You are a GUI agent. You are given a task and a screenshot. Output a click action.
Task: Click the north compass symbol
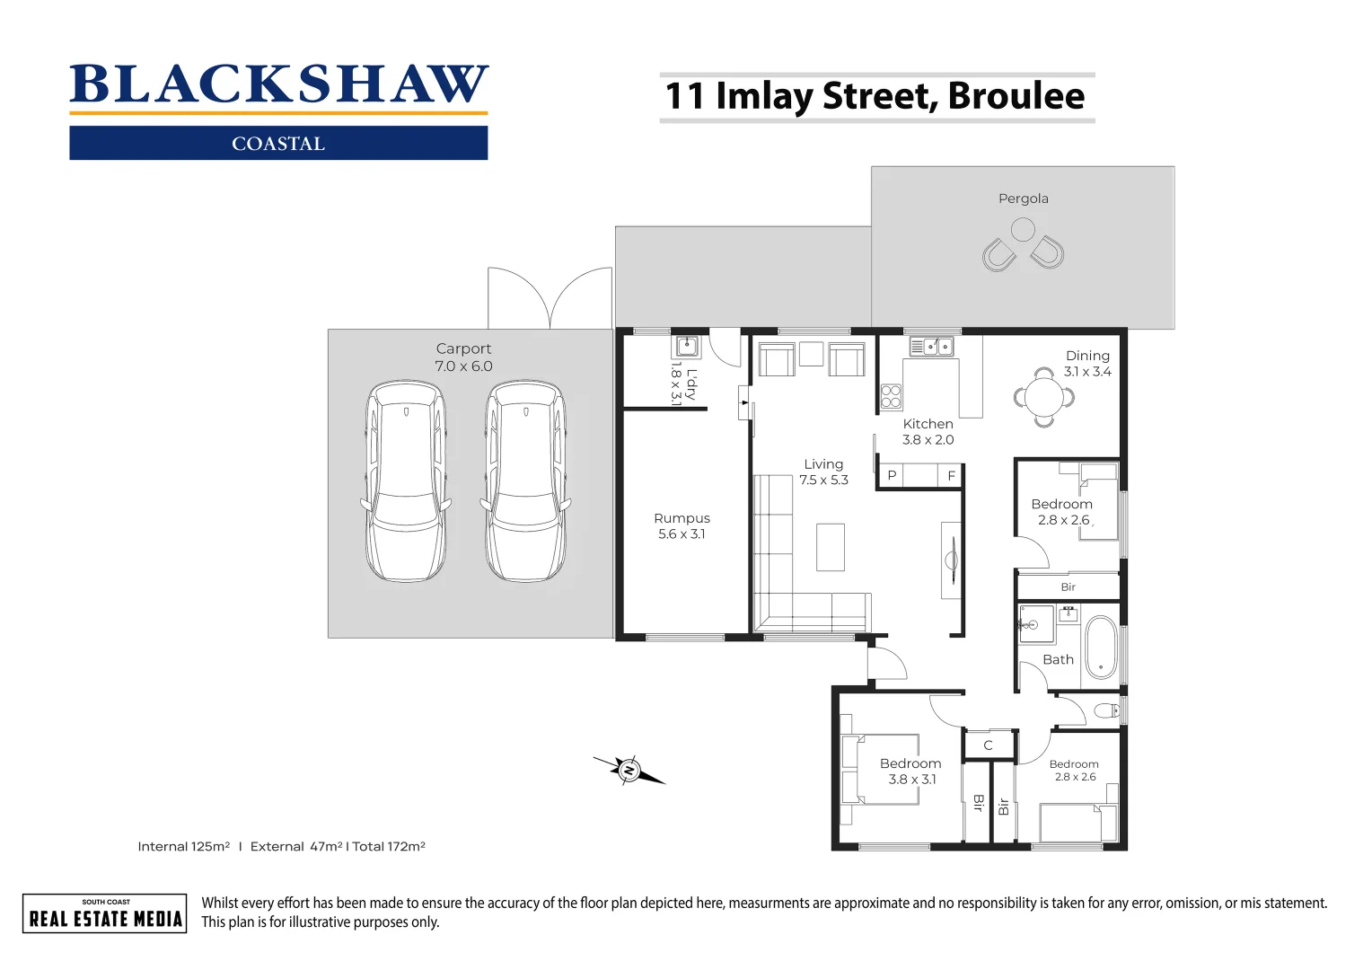point(629,771)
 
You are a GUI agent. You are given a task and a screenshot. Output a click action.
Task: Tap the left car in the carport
point(406,481)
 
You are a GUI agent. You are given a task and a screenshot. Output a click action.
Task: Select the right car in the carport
point(525,481)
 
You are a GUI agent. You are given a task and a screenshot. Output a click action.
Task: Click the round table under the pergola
point(1023,231)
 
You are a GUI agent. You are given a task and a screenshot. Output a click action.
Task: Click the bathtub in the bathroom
point(1100,647)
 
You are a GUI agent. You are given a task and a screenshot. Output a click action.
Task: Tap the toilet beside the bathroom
point(1107,711)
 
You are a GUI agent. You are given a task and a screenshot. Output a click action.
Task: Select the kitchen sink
point(931,346)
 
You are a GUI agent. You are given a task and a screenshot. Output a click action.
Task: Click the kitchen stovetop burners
point(891,396)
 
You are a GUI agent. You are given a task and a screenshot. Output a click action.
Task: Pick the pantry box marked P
point(892,476)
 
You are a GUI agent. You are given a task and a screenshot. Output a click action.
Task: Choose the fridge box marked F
point(951,476)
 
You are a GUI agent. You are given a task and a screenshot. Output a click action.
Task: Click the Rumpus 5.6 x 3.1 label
point(682,526)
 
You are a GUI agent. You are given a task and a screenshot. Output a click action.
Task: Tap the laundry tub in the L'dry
point(687,347)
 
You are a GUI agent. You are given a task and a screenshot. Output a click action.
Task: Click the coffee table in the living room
point(830,547)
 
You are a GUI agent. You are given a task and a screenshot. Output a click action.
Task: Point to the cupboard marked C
point(988,745)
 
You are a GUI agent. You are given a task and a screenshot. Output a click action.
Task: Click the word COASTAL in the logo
point(278,144)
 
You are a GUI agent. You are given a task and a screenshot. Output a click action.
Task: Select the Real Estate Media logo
point(105,913)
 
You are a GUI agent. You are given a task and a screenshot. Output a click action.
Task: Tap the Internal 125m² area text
point(184,846)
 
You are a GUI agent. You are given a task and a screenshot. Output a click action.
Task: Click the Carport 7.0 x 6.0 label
point(463,357)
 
